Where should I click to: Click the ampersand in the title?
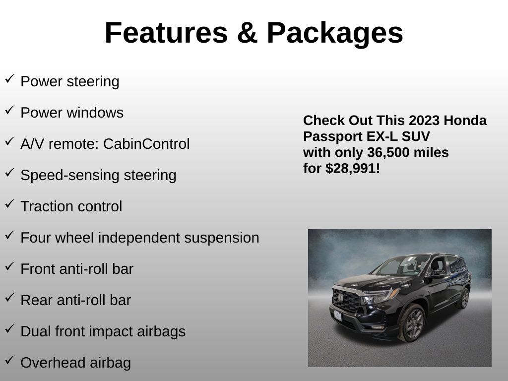click(247, 33)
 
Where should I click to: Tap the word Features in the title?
click(167, 33)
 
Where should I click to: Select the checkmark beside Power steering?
click(10, 79)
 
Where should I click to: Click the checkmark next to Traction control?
click(10, 204)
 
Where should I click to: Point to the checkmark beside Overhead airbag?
click(10, 360)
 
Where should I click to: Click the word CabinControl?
click(146, 144)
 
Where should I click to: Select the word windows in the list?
click(95, 113)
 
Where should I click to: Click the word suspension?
click(222, 238)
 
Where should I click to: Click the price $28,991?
click(353, 169)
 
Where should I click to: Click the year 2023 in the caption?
click(424, 121)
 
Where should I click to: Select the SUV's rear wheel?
click(464, 298)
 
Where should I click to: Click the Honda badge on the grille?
click(341, 298)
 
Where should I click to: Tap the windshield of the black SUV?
click(402, 266)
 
